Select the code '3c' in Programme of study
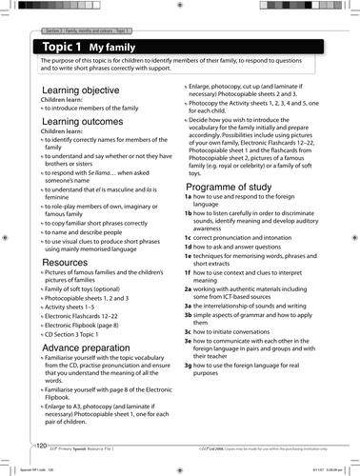[188, 384]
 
